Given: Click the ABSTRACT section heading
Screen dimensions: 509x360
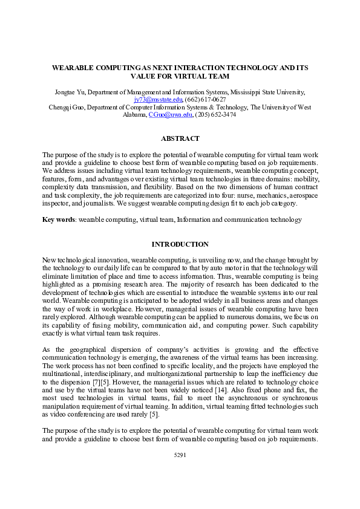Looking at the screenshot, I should tap(180, 138).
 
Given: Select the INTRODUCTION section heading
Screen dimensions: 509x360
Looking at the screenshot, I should tap(180, 244).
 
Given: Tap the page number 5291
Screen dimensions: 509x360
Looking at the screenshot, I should tap(180, 472).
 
